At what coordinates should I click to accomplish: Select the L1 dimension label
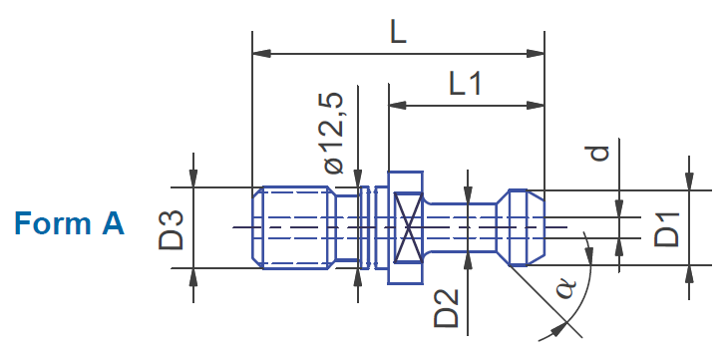pyautogui.click(x=466, y=84)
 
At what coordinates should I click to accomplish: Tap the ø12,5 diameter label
pyautogui.click(x=333, y=133)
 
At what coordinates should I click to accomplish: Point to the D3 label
pyautogui.click(x=171, y=229)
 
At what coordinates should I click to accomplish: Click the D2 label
pyautogui.click(x=446, y=308)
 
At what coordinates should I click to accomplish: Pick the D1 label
pyautogui.click(x=666, y=229)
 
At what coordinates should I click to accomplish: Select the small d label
pyautogui.click(x=599, y=153)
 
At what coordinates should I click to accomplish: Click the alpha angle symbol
pyautogui.click(x=566, y=288)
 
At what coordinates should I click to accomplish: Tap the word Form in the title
pyautogui.click(x=53, y=223)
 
